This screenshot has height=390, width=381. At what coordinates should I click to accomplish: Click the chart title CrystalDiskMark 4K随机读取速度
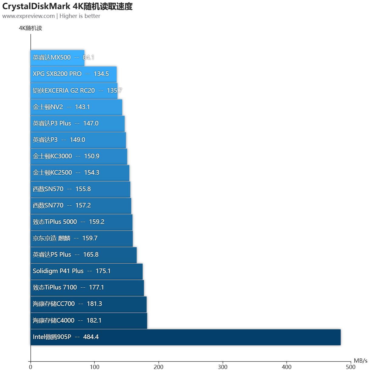pos(67,6)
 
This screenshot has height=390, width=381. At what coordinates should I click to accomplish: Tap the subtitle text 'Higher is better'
pos(80,16)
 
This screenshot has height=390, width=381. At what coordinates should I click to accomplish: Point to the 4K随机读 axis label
pos(30,28)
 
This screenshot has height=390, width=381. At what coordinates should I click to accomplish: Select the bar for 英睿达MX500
pos(57,58)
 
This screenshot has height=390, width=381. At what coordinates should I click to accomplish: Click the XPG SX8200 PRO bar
pos(73,74)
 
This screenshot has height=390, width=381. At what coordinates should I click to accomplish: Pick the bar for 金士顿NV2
pos(76,107)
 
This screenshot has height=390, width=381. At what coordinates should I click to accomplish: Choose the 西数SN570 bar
pos(80,189)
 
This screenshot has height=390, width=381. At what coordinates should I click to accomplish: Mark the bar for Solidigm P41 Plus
pos(87,271)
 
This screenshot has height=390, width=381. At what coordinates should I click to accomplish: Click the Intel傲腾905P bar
pos(185,337)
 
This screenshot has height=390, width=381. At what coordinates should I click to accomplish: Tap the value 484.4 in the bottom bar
pos(91,337)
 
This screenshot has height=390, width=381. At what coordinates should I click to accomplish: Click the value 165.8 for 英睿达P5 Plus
pos(91,255)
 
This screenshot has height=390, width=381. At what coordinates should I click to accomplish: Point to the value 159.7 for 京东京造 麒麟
pos(90,238)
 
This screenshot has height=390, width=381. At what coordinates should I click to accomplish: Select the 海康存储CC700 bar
pos(88,304)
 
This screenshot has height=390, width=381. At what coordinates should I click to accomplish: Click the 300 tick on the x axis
pos(223,367)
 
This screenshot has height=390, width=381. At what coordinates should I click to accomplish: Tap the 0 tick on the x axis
pos(31,367)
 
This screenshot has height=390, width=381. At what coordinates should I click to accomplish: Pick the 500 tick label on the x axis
pos(351,367)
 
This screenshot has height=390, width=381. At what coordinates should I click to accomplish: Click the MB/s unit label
pos(360,361)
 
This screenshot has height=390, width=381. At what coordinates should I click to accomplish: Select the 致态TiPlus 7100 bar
pos(87,287)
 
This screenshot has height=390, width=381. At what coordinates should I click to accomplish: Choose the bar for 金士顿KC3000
pos(79,156)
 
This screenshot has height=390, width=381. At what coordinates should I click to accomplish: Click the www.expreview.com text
pos(29,16)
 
